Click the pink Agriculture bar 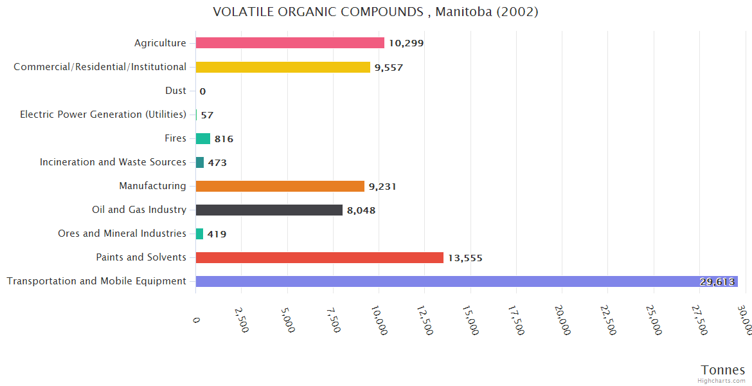(x=290, y=43)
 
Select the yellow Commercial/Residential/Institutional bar (x=283, y=67)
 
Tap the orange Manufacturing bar (x=280, y=186)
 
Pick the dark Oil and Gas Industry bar (x=269, y=210)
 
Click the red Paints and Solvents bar (x=319, y=257)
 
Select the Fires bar (x=203, y=138)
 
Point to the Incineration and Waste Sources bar (x=200, y=162)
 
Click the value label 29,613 (x=717, y=282)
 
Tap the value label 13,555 (x=465, y=258)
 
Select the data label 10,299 (x=406, y=44)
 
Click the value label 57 (x=207, y=115)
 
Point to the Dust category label (x=175, y=91)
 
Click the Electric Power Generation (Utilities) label (x=103, y=115)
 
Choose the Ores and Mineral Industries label (x=122, y=234)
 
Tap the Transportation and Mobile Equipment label (x=96, y=281)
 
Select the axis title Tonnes (x=722, y=370)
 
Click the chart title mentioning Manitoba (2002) (x=375, y=12)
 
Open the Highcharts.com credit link (x=721, y=381)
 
